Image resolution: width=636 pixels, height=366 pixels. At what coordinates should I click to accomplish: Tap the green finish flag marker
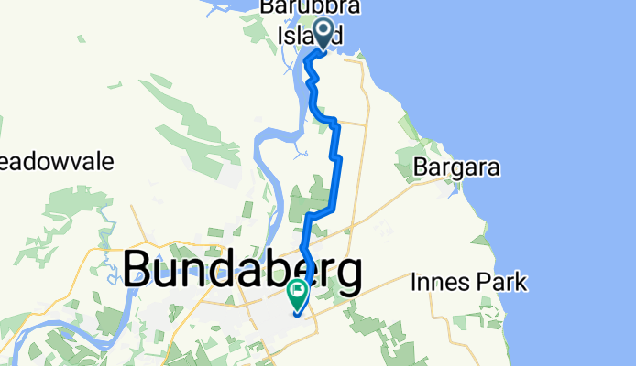pyautogui.click(x=298, y=293)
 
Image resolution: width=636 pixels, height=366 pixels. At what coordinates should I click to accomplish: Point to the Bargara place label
pyautogui.click(x=456, y=168)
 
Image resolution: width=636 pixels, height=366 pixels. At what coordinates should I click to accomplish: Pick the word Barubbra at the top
pyautogui.click(x=311, y=7)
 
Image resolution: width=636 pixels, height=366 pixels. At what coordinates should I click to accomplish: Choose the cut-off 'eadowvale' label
pyautogui.click(x=57, y=163)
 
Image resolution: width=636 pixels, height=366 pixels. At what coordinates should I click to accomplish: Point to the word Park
pyautogui.click(x=505, y=282)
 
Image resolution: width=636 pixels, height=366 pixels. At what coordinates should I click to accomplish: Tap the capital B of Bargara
pyautogui.click(x=421, y=168)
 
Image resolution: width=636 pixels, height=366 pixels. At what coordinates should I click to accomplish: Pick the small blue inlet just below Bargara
pyautogui.click(x=451, y=191)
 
